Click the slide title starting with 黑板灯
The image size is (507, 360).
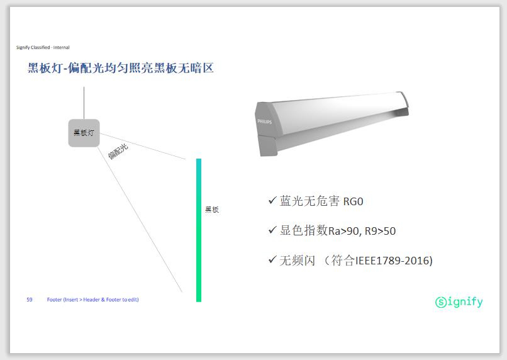[120, 68]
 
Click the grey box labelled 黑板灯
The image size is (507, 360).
[84, 133]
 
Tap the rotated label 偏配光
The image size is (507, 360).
[118, 152]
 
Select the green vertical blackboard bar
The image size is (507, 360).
[199, 230]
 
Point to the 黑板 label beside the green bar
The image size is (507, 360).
[212, 210]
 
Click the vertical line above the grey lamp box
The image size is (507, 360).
[84, 103]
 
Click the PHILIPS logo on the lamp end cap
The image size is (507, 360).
[264, 121]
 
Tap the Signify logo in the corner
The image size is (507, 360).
[459, 301]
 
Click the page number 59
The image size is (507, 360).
[30, 300]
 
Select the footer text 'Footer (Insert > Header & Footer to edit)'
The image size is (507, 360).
[93, 300]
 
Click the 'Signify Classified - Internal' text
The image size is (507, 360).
[43, 47]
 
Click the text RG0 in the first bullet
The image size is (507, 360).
[353, 201]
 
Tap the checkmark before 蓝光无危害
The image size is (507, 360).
[272, 200]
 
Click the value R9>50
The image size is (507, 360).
[380, 231]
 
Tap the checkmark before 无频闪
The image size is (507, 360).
[272, 259]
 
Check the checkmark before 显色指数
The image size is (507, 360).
[272, 230]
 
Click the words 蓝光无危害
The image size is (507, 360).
[309, 201]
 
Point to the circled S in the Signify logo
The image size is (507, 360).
[441, 303]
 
